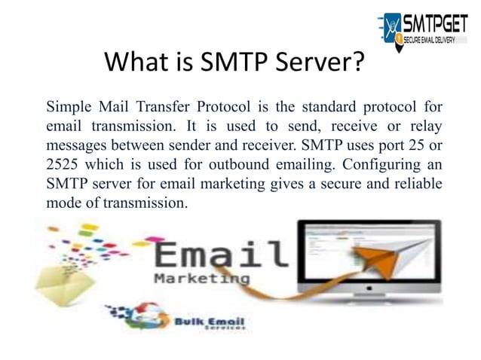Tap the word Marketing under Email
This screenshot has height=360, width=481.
coord(201,279)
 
